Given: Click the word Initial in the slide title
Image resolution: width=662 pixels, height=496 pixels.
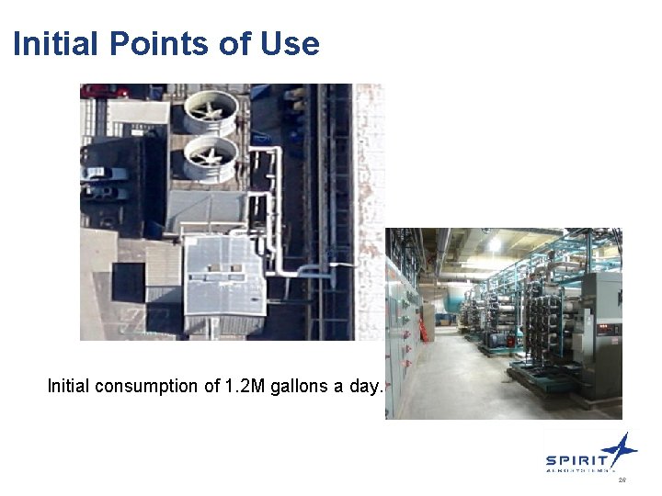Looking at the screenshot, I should [56, 43].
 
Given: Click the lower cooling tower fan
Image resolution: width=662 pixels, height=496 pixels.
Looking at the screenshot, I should [211, 159].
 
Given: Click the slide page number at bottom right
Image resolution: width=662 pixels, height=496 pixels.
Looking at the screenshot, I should [622, 480].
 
